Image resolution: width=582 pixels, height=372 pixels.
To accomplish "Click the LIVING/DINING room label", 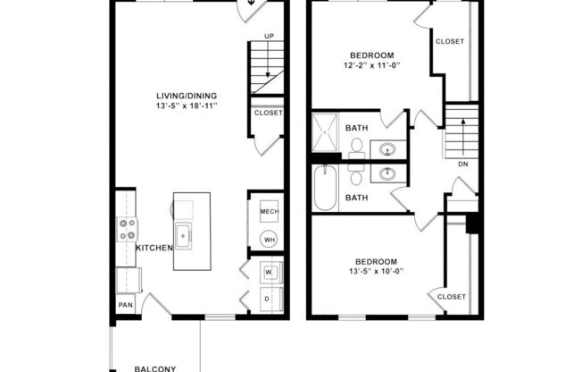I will coord(187,96).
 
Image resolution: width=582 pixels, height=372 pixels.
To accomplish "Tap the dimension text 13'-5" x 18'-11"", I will coord(187,106).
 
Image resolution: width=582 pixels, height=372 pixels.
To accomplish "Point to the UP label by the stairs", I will coord(268,36).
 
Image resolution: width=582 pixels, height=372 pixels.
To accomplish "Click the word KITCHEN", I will coord(154,248).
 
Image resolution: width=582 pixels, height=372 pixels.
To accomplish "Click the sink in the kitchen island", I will coord(186,237).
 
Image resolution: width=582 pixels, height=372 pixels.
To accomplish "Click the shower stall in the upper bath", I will coord(326,131).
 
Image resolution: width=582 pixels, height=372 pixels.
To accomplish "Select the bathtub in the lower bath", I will coord(326,190).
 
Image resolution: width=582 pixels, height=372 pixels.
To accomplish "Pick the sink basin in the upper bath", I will coord(389,148).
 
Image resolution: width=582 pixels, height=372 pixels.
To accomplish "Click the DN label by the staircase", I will coord(462,165).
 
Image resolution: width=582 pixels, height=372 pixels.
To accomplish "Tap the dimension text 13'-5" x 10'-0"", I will coord(373,272).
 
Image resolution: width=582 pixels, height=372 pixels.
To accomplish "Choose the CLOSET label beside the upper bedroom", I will coord(449,41).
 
